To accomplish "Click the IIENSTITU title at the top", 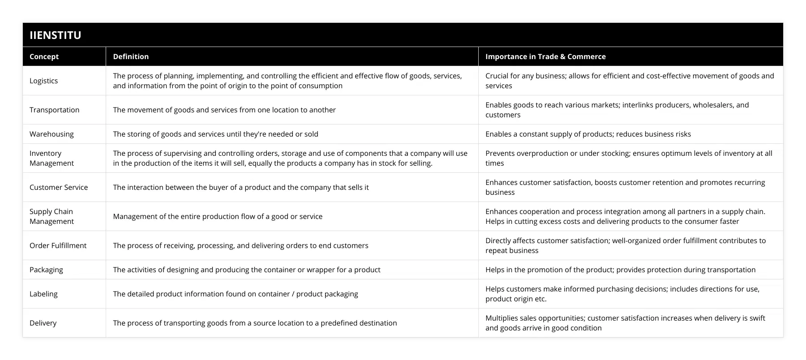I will (x=56, y=35).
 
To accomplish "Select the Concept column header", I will (x=44, y=56).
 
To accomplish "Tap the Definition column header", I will (x=131, y=56).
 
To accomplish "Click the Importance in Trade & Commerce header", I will (x=545, y=56).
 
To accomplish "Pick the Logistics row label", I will (x=43, y=81).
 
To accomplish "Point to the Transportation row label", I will (x=54, y=110).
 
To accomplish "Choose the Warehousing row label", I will (x=51, y=134).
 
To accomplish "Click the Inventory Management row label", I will (x=51, y=158).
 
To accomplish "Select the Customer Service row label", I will (x=59, y=187).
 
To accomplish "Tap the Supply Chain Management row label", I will (x=51, y=216).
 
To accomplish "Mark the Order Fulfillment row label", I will (x=58, y=245).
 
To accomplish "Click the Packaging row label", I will (x=46, y=270).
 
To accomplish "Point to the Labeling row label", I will (x=43, y=294).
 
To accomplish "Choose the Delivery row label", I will (x=43, y=323).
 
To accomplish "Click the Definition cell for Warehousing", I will (x=215, y=134).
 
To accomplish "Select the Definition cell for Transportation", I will (x=224, y=110).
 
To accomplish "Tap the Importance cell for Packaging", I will (x=620, y=270).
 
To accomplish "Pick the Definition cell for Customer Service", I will (x=240, y=187).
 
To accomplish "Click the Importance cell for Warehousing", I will (x=588, y=134).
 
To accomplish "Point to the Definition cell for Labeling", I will (x=235, y=294).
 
